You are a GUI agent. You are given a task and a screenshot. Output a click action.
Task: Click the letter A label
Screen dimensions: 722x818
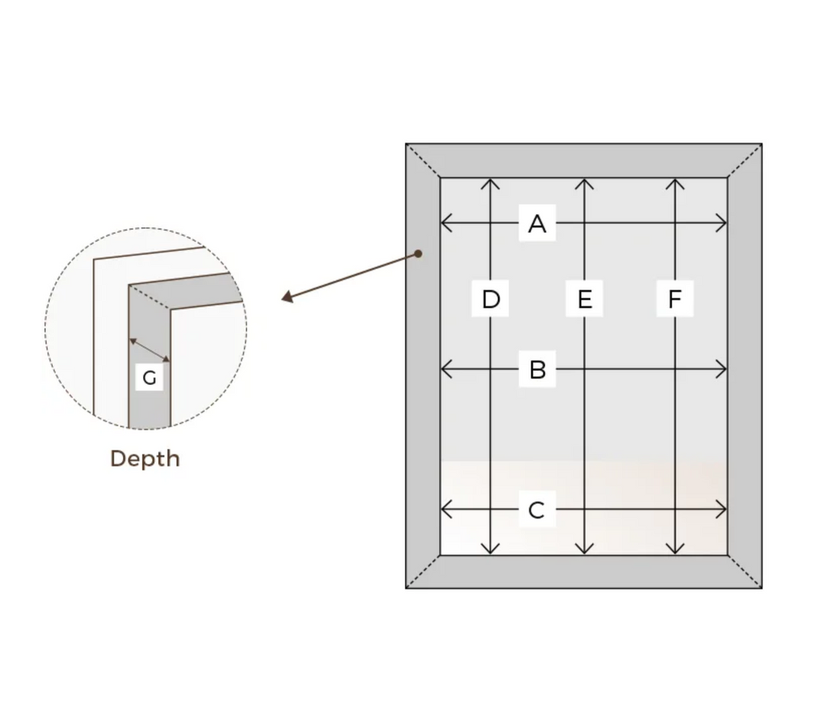tap(537, 223)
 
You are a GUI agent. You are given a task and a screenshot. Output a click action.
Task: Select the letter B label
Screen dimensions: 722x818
tap(537, 370)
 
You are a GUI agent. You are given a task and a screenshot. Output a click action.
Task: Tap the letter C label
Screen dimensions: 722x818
tap(537, 509)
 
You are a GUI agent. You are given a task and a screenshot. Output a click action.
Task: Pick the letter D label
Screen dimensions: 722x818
tap(491, 299)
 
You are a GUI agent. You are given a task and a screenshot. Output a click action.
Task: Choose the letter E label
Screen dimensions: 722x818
tap(584, 299)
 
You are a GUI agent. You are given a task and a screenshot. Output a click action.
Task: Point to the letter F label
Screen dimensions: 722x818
tap(674, 299)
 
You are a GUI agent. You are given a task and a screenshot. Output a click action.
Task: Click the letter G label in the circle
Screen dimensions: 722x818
tap(150, 377)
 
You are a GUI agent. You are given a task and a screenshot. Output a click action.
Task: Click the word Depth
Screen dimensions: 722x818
tap(145, 458)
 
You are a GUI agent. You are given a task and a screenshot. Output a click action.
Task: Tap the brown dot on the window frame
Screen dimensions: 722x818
tap(419, 253)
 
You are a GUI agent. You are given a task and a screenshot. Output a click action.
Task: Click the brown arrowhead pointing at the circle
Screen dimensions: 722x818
tap(287, 297)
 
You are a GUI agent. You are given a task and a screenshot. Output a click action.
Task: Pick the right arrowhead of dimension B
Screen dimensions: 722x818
tap(722, 370)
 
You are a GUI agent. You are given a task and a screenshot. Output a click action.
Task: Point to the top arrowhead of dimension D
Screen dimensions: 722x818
tap(491, 183)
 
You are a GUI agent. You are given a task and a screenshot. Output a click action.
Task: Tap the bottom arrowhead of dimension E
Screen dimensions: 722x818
tap(584, 549)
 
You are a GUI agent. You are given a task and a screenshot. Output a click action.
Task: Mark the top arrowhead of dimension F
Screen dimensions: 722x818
tap(675, 183)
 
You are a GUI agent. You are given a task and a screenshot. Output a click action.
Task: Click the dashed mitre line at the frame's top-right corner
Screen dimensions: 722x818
tap(745, 161)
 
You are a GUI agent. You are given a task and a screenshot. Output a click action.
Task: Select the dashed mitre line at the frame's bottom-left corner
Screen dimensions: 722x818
tap(423, 571)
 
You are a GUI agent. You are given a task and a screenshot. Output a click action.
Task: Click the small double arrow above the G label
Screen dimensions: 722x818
tap(150, 350)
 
